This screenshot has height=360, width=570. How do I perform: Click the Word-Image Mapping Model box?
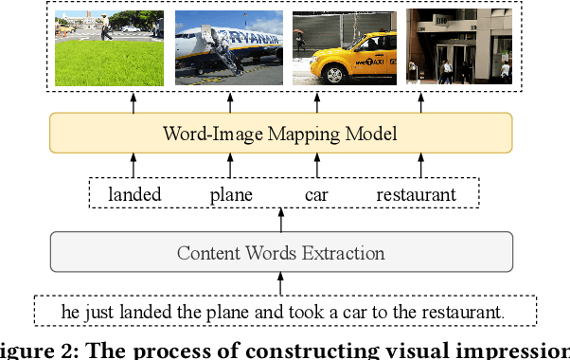coord(280,134)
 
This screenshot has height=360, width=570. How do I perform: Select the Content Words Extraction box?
coord(280,253)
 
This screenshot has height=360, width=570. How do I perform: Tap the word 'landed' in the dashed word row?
coord(134,194)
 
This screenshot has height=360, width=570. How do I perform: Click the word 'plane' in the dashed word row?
coord(232,194)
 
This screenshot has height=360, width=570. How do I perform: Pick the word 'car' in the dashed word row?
coord(316,194)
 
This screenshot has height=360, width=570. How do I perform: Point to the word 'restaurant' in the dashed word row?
coord(416,194)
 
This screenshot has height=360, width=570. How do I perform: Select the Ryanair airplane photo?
coord(228,47)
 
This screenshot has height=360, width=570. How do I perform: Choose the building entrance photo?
coord(458,47)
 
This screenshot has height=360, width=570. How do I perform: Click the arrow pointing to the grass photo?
coord(134,102)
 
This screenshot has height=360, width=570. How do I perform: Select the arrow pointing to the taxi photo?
coord(316,102)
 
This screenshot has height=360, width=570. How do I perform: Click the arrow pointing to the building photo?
coord(416,102)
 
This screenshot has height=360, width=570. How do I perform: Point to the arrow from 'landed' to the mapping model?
coord(134,168)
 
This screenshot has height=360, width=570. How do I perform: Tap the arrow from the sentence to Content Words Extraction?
coord(280,283)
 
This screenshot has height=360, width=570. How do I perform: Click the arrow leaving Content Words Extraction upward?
coord(280,221)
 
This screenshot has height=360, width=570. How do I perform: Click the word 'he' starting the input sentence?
coord(70,311)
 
